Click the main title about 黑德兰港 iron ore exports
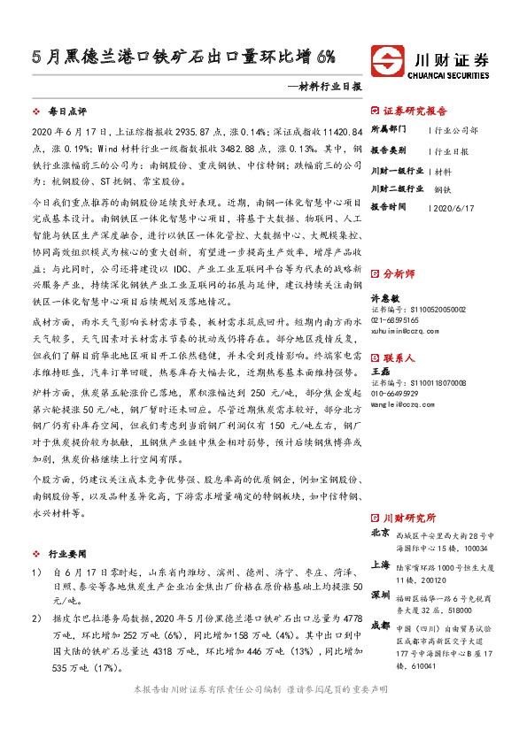point(183,58)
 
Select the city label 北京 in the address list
point(380,534)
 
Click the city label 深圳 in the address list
point(380,594)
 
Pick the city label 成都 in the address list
point(380,625)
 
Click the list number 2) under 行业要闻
point(35,617)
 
